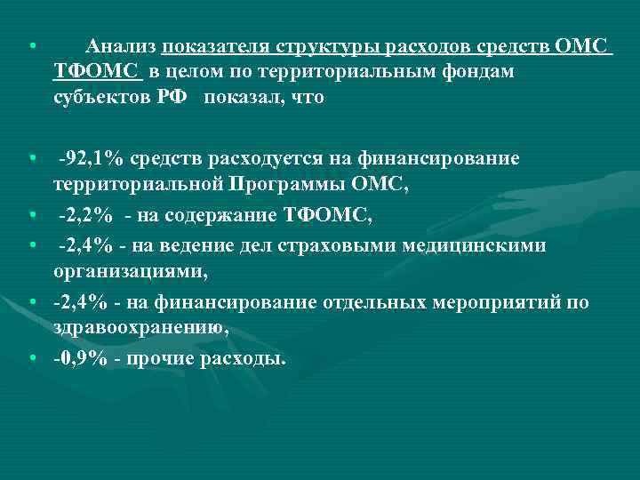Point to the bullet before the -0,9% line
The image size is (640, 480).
pyautogui.click(x=33, y=359)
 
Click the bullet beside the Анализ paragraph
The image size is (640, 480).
pyautogui.click(x=33, y=46)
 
